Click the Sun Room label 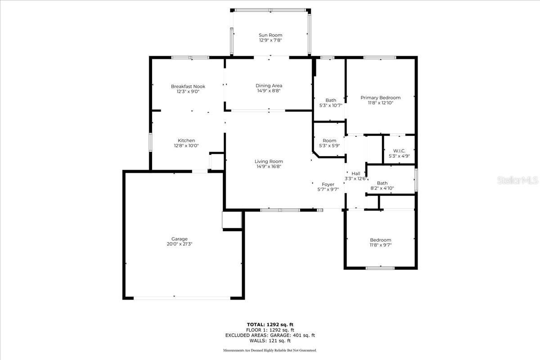coord(270,35)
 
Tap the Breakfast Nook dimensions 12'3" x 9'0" coord(188,92)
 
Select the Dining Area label coord(269,85)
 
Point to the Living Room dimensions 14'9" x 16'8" coord(269,166)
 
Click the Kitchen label coord(186,140)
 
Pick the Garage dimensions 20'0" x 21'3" coord(180,244)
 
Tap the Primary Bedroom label coord(380,98)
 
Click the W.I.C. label coord(399,151)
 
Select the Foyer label coord(328,184)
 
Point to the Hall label coord(356,174)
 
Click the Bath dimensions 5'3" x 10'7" coord(331,105)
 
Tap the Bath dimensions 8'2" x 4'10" coord(382,188)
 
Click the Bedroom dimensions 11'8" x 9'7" coord(380,245)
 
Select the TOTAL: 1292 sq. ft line coord(270,325)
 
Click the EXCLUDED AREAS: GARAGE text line coord(270,335)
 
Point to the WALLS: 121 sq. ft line coord(270,341)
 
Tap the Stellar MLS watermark coord(518,180)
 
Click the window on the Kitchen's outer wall coord(150,142)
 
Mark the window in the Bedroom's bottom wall coord(380,268)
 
